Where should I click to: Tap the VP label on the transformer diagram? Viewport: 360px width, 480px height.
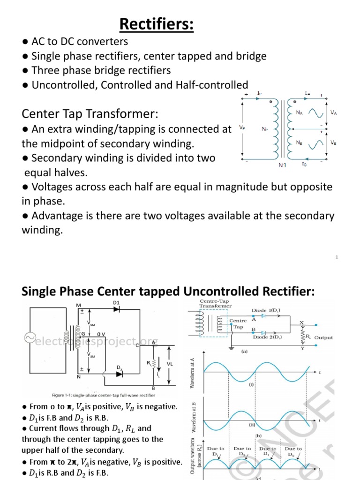[241, 127]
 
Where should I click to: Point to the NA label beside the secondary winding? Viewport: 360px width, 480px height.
[299, 112]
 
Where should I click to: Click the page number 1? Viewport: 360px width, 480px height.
[337, 257]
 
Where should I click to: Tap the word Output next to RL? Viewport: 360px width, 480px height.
[323, 337]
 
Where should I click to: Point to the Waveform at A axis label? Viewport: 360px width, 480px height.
[193, 372]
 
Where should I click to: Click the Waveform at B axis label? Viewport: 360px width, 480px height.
[193, 417]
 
